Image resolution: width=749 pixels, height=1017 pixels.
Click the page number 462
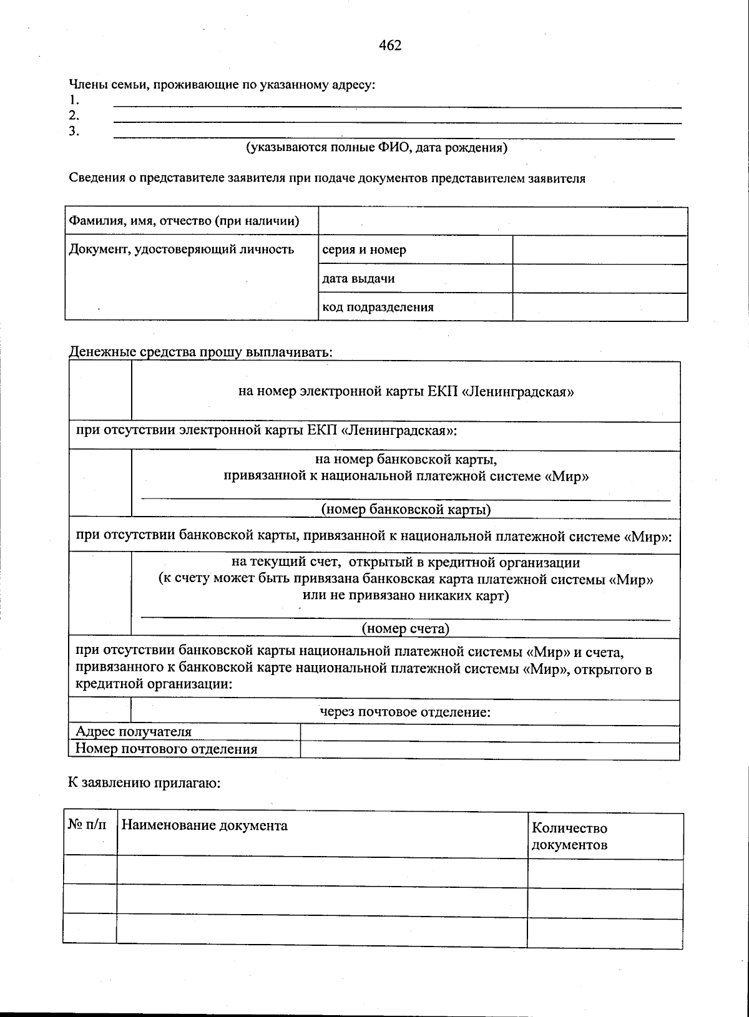(x=389, y=46)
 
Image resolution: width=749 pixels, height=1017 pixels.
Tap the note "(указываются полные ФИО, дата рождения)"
(x=376, y=148)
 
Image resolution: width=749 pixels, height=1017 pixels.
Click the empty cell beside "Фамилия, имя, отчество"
(x=502, y=221)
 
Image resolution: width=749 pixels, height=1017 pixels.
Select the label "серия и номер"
(x=364, y=250)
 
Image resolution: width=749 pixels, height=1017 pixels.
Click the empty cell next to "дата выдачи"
(x=600, y=279)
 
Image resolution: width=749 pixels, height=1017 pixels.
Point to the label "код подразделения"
(x=378, y=307)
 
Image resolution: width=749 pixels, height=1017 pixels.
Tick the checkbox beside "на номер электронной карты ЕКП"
(x=100, y=391)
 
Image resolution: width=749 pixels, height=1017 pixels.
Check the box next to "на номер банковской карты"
(x=100, y=484)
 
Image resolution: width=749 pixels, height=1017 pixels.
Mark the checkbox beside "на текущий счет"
(x=100, y=594)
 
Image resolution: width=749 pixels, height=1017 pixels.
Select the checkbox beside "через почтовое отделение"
(x=100, y=711)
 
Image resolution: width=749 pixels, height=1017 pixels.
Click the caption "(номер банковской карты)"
(x=406, y=510)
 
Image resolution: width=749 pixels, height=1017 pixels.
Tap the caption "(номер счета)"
(x=406, y=629)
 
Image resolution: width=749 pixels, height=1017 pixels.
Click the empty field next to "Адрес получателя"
(x=489, y=732)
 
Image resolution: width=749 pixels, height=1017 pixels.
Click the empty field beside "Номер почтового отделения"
(x=489, y=750)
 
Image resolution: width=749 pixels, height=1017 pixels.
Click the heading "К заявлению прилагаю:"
(x=144, y=784)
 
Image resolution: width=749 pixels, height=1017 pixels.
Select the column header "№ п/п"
(x=87, y=825)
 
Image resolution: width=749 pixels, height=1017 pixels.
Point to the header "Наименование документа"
(x=205, y=826)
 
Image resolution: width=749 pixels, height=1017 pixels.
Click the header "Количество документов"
(x=569, y=837)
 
